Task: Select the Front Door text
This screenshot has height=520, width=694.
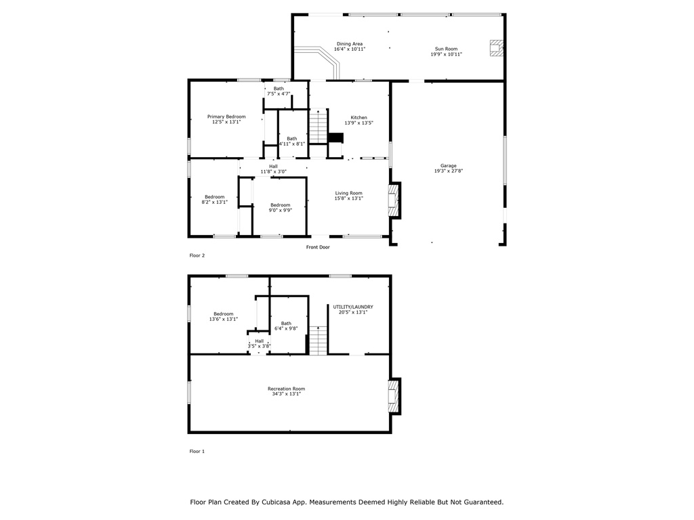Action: (x=318, y=247)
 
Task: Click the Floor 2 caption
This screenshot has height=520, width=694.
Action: (x=197, y=255)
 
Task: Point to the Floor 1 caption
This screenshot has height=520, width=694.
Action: (x=197, y=452)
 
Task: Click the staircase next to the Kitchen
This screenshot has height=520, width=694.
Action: (x=319, y=126)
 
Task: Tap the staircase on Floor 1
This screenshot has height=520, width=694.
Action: (x=318, y=341)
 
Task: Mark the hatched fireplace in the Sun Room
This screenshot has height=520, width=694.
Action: (x=496, y=48)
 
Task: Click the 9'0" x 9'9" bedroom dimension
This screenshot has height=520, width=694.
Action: (x=281, y=211)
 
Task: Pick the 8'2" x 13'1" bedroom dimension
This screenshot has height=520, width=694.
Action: (x=215, y=202)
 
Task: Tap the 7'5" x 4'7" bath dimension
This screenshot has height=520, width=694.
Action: (x=279, y=93)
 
